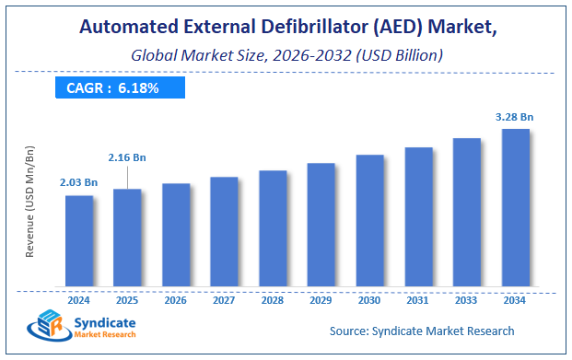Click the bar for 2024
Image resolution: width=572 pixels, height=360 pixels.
coord(79,240)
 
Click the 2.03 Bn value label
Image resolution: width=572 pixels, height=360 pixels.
coord(79,182)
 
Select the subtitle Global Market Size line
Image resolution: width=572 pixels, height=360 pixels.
coord(286,54)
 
